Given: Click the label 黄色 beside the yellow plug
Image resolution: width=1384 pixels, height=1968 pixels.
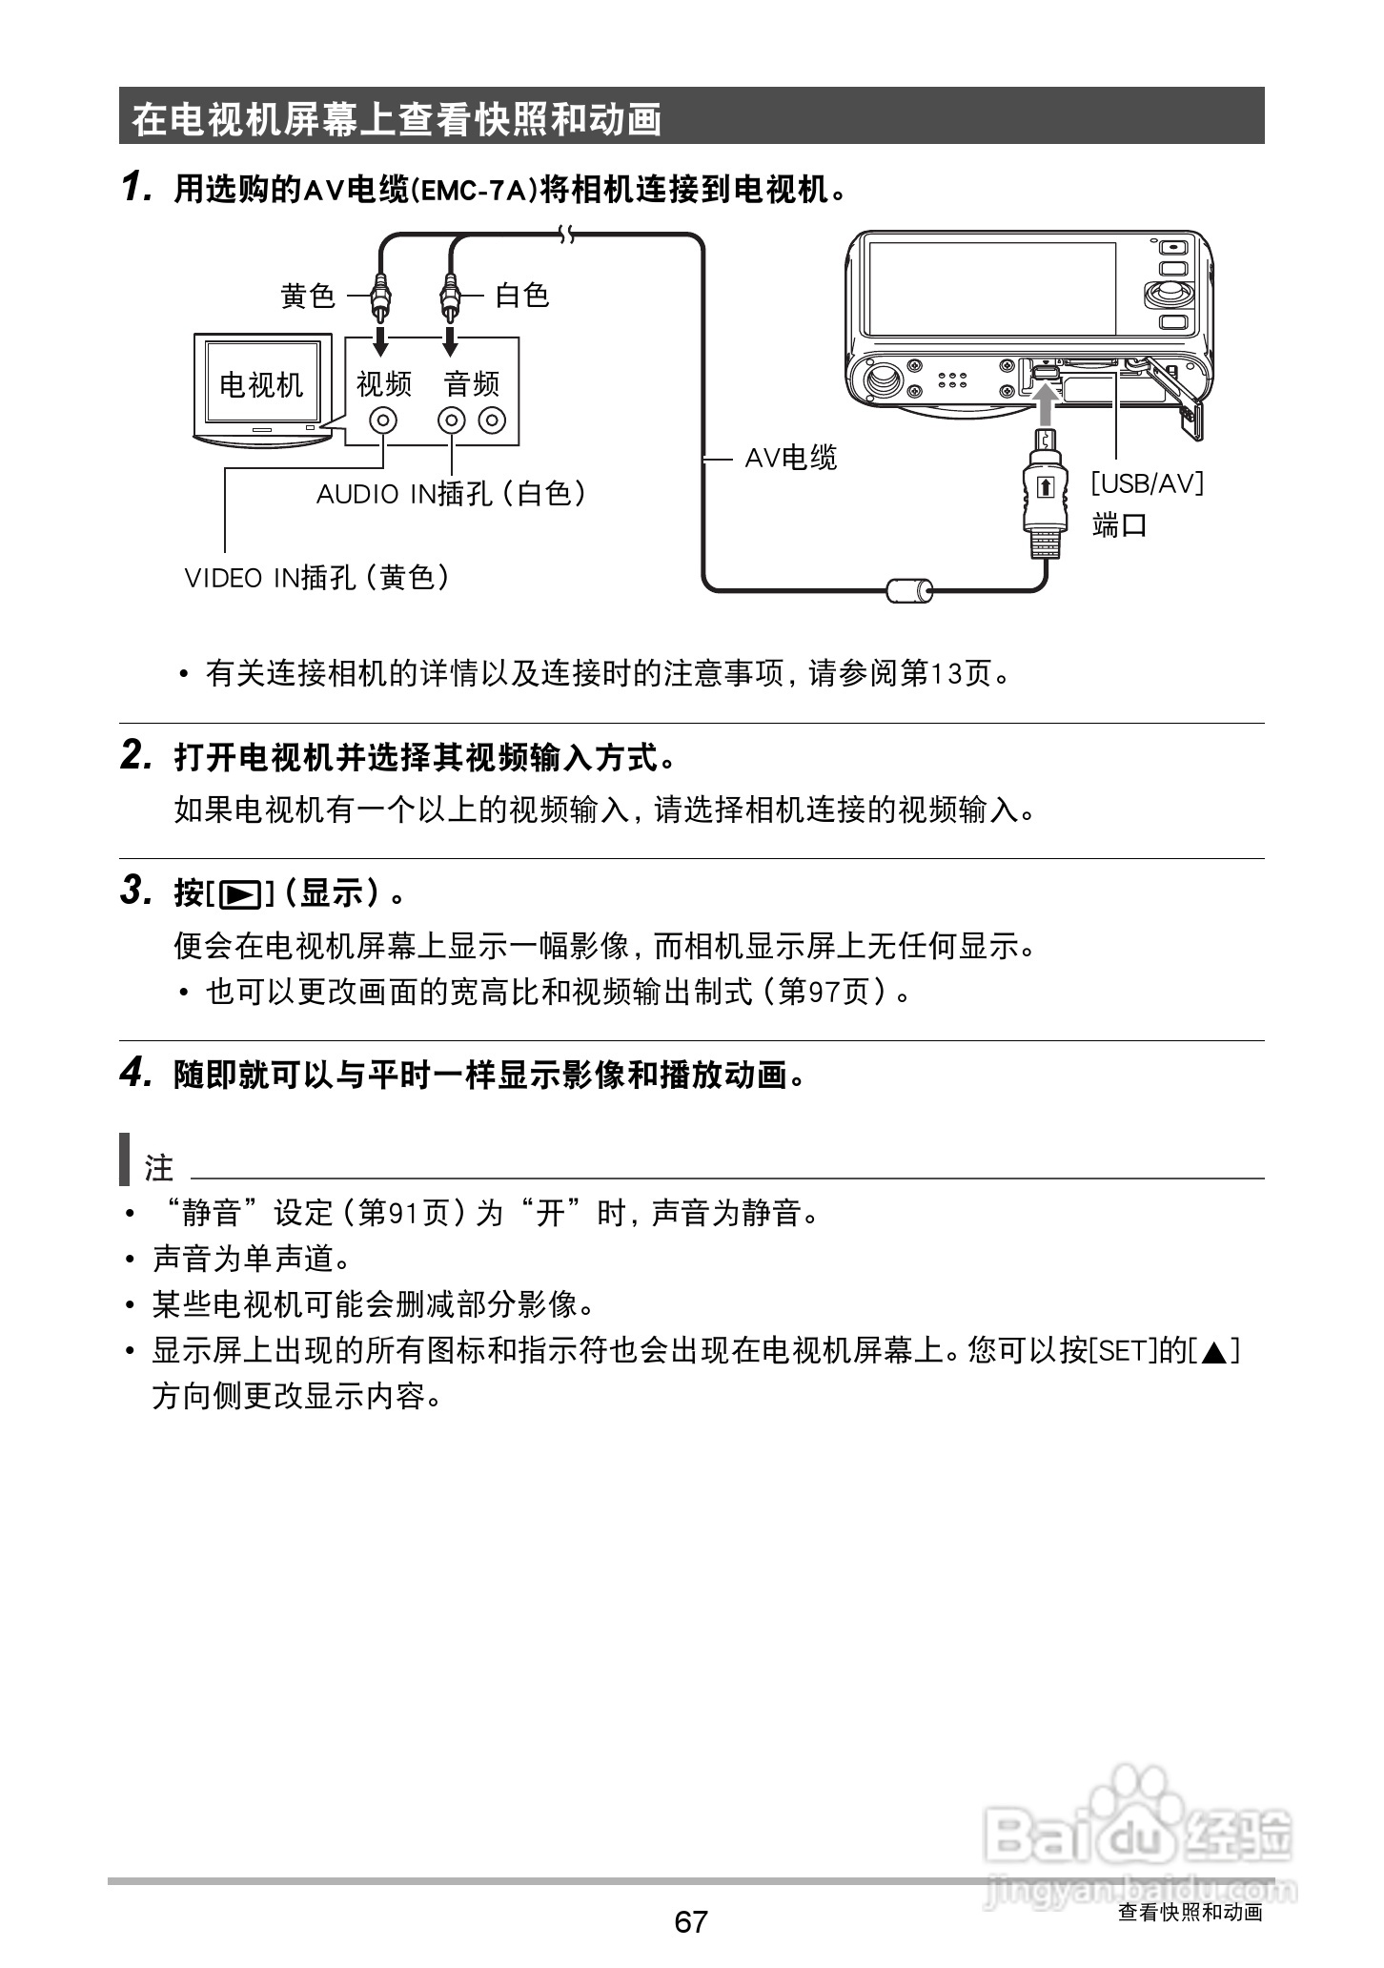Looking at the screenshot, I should click(x=308, y=296).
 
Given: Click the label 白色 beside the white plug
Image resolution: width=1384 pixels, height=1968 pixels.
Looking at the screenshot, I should click(x=522, y=296).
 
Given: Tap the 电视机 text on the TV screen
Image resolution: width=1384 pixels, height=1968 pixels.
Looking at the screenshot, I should click(x=261, y=385).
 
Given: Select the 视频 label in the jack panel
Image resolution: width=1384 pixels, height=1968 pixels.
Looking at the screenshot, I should click(x=384, y=384).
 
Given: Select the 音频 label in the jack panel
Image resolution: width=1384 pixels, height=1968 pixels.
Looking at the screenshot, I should click(x=472, y=384).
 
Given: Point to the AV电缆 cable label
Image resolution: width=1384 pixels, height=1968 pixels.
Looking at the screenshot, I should click(x=790, y=459).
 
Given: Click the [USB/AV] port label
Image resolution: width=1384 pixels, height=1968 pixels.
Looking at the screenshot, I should click(x=1148, y=483).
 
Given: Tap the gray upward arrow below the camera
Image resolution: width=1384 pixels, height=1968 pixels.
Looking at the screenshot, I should click(x=1046, y=405).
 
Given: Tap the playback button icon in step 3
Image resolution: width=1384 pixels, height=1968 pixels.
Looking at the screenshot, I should click(x=239, y=894).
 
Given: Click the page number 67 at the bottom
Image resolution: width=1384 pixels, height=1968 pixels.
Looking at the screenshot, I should click(x=691, y=1920).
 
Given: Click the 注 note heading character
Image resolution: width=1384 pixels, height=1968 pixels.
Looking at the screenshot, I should click(x=158, y=1167).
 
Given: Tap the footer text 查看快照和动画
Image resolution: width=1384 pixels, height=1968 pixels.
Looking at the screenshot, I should click(x=1190, y=1912).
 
